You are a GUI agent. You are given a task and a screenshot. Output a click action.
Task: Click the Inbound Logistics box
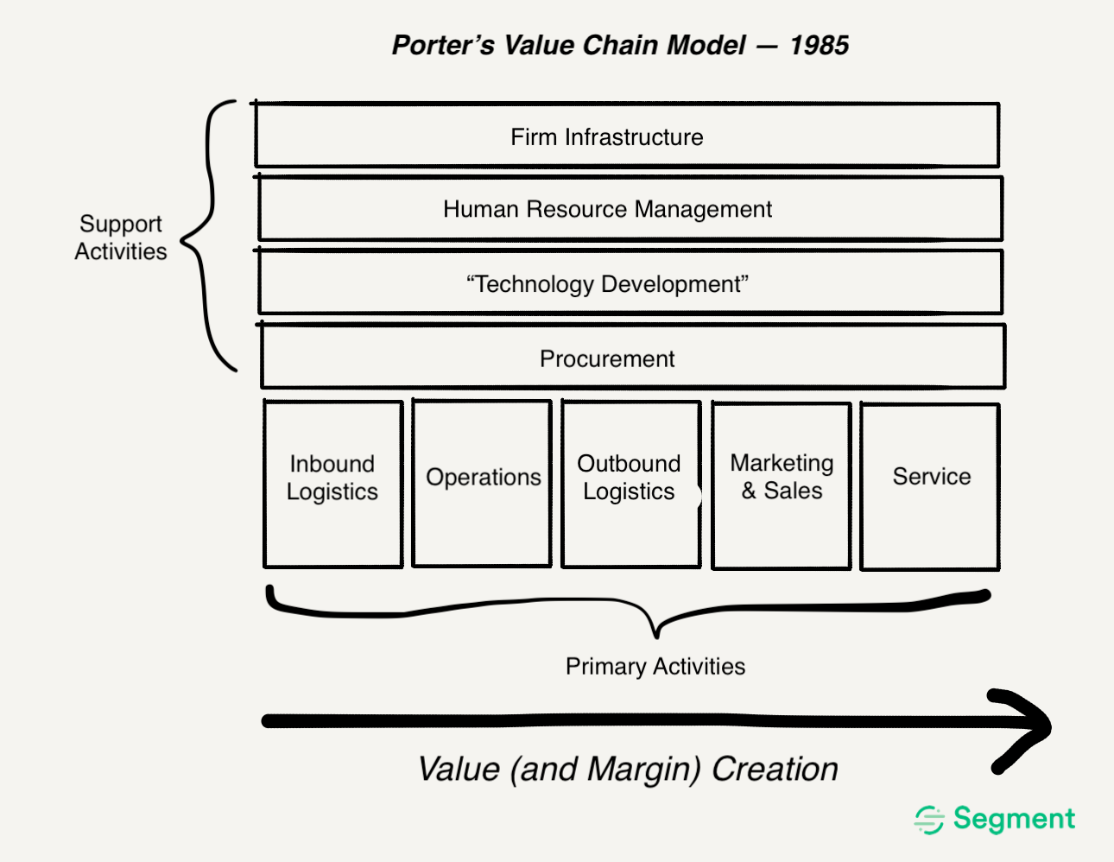[332, 484]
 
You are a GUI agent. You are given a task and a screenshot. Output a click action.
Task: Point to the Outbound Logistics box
[630, 484]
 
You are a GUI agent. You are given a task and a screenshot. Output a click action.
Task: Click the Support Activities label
[121, 238]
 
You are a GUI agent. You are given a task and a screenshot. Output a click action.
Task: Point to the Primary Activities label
[655, 667]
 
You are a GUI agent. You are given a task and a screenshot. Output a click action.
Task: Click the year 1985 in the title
[819, 45]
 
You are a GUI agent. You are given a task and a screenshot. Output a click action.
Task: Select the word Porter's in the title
[443, 45]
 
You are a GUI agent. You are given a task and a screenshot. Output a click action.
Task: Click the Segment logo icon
[929, 819]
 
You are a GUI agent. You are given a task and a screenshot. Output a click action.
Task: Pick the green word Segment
[1014, 818]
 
